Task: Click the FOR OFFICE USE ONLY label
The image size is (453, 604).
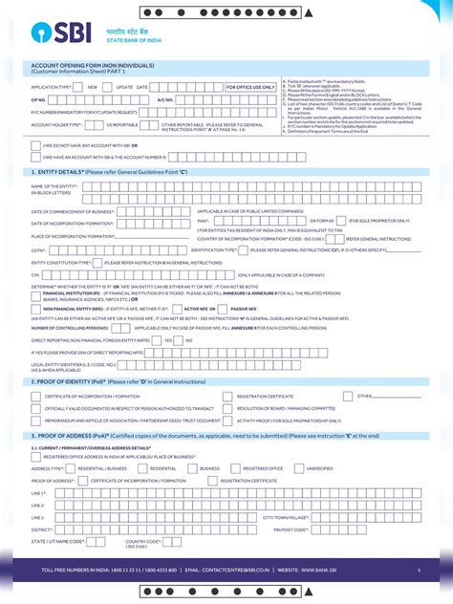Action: click(249, 86)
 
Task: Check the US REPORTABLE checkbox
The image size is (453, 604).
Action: click(99, 124)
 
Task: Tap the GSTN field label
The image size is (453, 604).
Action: click(39, 248)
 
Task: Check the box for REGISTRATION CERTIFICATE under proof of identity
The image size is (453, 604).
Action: click(226, 396)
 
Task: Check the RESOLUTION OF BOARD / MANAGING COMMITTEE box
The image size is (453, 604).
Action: click(226, 408)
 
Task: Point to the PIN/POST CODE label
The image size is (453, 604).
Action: click(291, 528)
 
